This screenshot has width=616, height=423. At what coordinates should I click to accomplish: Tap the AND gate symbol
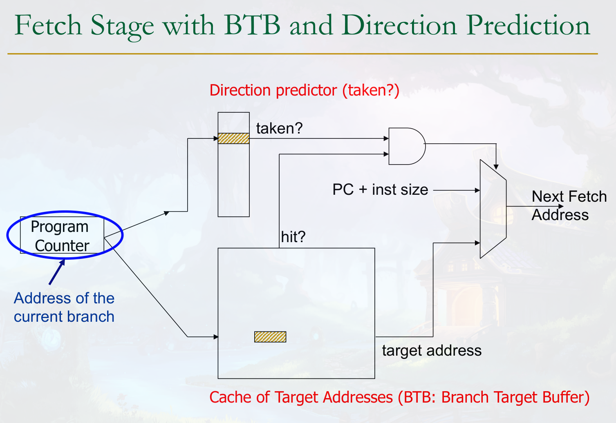coord(406,146)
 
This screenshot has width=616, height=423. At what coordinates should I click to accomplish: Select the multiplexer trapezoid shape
coord(493,209)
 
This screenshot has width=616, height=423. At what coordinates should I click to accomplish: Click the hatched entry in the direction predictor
coord(233,138)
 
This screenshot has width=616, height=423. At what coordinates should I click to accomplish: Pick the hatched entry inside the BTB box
coord(270,337)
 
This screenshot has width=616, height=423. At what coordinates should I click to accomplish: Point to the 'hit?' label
coord(293,237)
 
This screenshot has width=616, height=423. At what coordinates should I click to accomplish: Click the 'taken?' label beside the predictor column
coord(279,129)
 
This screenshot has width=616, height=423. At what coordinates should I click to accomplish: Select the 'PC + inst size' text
coord(380,190)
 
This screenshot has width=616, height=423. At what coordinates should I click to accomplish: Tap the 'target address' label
coord(432,351)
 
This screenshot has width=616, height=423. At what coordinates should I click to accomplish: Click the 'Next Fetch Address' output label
coord(568,206)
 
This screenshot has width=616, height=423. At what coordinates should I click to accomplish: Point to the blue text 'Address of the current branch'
coord(64,307)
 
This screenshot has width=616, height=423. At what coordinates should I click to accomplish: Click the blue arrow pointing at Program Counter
coord(57,272)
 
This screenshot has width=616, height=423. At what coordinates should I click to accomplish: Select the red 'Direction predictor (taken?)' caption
coord(304,90)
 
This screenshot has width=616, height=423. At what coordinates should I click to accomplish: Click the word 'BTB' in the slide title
coord(252,25)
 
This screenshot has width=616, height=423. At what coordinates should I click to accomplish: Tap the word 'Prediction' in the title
coord(528,25)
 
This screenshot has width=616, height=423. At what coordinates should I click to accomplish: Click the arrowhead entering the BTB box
coord(216,337)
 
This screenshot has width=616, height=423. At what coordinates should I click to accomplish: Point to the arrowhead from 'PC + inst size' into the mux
coord(477,190)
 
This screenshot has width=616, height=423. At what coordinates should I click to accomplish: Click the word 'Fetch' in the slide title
coord(48,25)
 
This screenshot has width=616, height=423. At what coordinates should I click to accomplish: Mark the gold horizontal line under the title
coord(302,53)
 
